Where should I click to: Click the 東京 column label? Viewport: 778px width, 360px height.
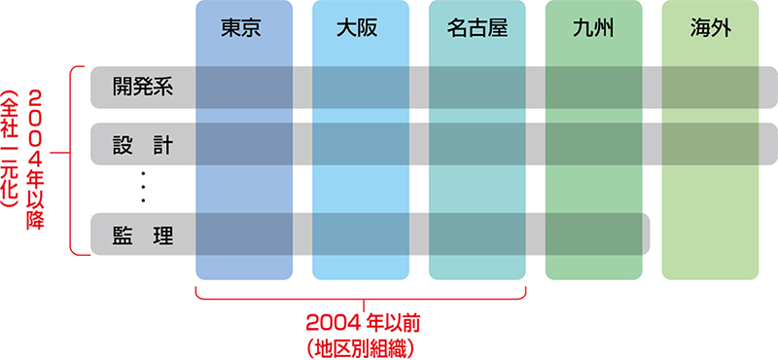[x=240, y=30]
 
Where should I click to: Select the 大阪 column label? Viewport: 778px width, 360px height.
[x=357, y=30]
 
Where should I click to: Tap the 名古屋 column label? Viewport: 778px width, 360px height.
[x=477, y=30]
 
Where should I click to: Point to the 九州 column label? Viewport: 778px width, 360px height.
[x=593, y=30]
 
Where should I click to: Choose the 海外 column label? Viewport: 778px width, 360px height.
[x=710, y=30]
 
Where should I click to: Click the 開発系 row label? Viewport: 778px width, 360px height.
[x=143, y=87]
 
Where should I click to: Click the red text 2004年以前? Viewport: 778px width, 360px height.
[x=364, y=325]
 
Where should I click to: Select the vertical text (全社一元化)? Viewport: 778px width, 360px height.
[x=11, y=151]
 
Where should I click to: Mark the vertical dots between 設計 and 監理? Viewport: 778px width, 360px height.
[x=143, y=187]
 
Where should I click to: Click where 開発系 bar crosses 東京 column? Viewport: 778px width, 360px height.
[x=244, y=87]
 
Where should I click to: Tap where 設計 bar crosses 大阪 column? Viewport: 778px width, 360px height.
[x=361, y=144]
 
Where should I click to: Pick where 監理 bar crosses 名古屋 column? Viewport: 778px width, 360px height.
[x=477, y=234]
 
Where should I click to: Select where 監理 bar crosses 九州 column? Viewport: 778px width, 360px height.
[x=593, y=234]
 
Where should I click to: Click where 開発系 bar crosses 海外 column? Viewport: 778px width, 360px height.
[x=710, y=87]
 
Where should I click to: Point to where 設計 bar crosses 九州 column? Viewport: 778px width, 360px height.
[x=593, y=144]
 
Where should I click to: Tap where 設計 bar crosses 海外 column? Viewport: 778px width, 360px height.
[x=710, y=144]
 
